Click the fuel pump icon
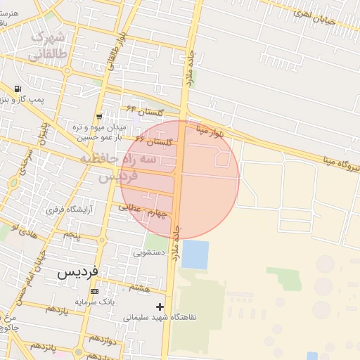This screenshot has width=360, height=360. click(x=17, y=89)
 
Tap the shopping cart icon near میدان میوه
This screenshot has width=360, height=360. click(x=99, y=117)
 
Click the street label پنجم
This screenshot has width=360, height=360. click(x=72, y=233)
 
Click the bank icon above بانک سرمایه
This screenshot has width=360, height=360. click(x=95, y=291)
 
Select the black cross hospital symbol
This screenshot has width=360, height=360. click(x=160, y=307)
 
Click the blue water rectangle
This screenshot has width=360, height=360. click(x=195, y=255)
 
